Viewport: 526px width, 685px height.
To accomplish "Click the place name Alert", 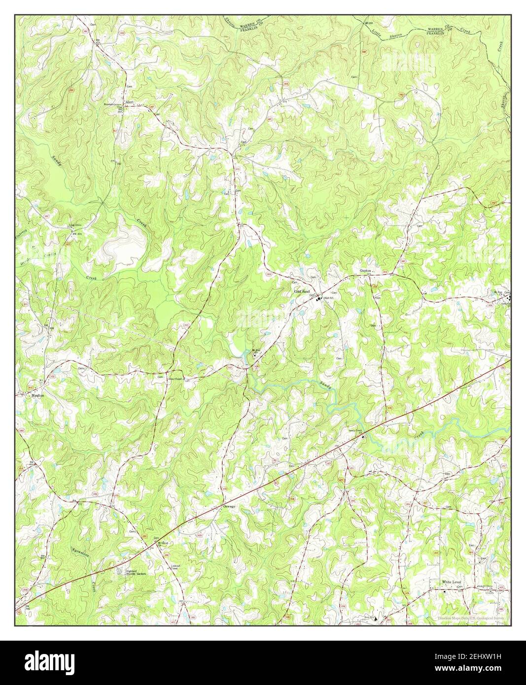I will click(x=130, y=103).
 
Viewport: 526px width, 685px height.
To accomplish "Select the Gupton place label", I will click(x=365, y=271).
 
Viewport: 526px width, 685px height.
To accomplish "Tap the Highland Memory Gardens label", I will click(x=137, y=571).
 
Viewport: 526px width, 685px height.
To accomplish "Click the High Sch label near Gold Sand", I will click(x=329, y=299).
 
